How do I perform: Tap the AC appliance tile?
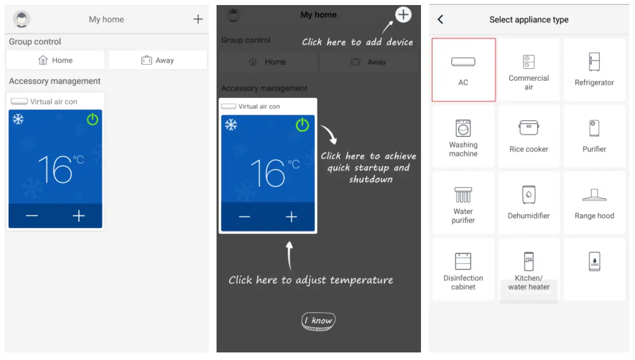tap(463, 70)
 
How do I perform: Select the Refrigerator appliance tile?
tap(594, 70)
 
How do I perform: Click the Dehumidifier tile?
tap(528, 202)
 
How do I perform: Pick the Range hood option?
tap(594, 202)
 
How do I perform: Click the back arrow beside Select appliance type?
tap(440, 19)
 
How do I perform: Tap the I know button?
tap(319, 321)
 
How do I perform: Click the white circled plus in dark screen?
tap(403, 15)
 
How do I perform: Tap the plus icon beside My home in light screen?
tap(198, 19)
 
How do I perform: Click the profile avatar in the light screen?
tap(22, 19)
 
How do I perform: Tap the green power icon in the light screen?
tap(92, 119)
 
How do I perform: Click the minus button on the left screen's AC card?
tap(32, 216)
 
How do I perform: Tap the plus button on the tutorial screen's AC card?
tap(291, 217)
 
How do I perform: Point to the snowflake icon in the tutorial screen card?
tap(231, 125)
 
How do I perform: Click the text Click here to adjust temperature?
tap(310, 280)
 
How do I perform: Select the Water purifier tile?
tap(463, 202)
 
